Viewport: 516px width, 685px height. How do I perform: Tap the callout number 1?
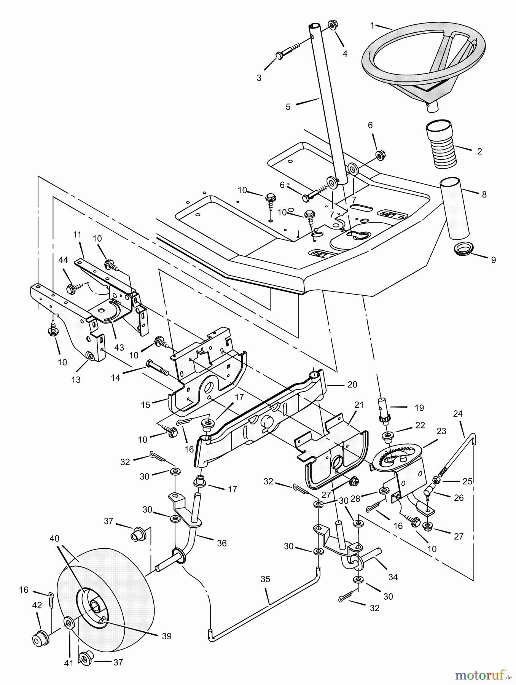pyautogui.click(x=372, y=25)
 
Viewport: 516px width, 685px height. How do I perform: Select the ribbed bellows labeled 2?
pyautogui.click(x=441, y=144)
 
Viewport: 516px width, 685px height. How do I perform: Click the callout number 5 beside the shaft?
pyautogui.click(x=288, y=107)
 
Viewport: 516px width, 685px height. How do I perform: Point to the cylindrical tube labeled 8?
pyautogui.click(x=455, y=208)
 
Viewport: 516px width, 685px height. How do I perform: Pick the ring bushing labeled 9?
pyautogui.click(x=463, y=249)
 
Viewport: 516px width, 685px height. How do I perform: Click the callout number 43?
pyautogui.click(x=119, y=347)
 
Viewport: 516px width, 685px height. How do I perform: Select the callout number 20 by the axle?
pyautogui.click(x=352, y=384)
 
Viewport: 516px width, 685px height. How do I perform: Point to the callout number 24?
pyautogui.click(x=458, y=413)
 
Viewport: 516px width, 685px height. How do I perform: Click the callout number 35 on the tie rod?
pyautogui.click(x=265, y=579)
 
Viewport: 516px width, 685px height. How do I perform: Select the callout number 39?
pyautogui.click(x=167, y=636)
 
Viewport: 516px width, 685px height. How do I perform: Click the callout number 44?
pyautogui.click(x=63, y=260)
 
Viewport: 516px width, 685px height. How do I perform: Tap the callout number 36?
pyautogui.click(x=221, y=543)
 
